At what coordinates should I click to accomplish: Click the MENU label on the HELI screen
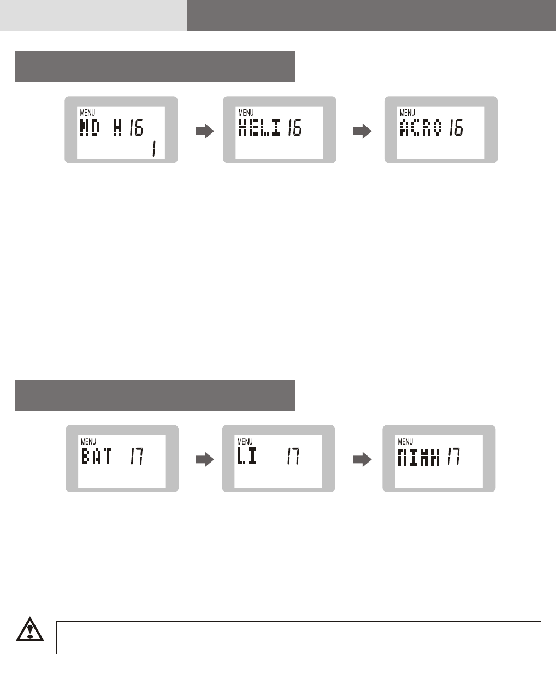point(246,113)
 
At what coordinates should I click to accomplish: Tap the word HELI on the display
point(260,128)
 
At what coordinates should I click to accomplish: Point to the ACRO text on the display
point(420,128)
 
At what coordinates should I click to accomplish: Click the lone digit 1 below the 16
point(153,150)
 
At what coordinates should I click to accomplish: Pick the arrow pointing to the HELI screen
point(204,131)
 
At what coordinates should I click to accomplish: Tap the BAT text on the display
point(96,456)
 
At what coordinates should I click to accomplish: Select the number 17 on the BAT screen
point(136,456)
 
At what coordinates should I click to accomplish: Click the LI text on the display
point(246,456)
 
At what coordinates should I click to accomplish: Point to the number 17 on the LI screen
point(293,456)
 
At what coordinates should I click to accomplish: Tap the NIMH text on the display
point(419,456)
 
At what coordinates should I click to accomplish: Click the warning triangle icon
point(30,630)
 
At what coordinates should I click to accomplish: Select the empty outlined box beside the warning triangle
point(298,638)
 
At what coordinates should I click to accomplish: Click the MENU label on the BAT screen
point(88,441)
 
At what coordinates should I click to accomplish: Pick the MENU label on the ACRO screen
point(407,113)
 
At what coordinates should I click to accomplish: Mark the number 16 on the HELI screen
point(295,128)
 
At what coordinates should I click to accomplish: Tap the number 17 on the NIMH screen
point(453,456)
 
